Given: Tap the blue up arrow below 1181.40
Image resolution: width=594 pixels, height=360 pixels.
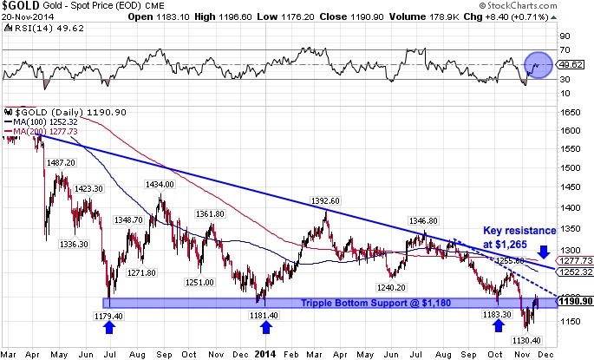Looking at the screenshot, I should (x=266, y=326).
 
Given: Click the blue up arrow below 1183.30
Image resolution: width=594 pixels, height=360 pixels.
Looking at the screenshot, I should (x=499, y=326).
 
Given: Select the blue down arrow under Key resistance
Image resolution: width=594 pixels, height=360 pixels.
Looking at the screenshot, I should (x=544, y=252).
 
